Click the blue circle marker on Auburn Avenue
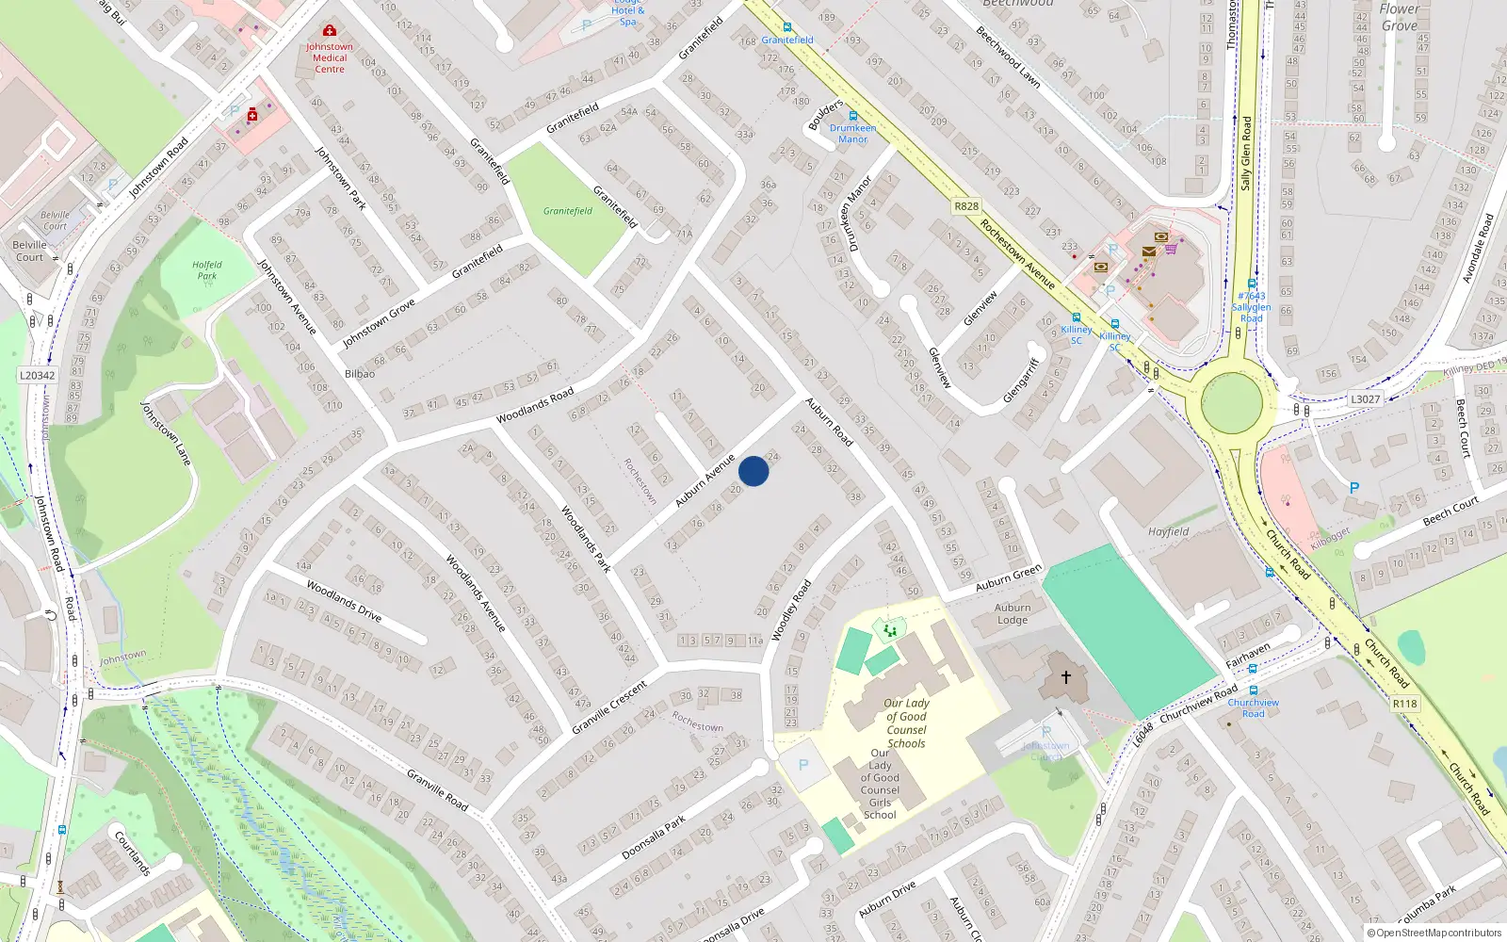coord(753,471)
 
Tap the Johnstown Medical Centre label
coord(330,57)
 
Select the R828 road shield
coord(966,206)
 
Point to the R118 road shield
coord(1404,704)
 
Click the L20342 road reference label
coord(38,375)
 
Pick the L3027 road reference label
coord(1365,399)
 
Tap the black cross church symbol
coord(1066,676)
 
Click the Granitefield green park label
coord(568,211)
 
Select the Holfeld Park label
coord(207,270)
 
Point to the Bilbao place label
coord(360,374)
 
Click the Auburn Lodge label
coord(1013,613)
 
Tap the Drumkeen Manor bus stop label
coord(853,133)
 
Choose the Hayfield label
coord(1168,532)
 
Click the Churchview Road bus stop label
coord(1253,707)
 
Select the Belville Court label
coord(30,251)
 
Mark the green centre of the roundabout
coord(1232,402)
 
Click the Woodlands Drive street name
coord(344,602)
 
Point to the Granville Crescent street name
coord(609,706)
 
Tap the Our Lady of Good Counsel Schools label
coord(906,723)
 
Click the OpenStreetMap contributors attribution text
coord(1434,934)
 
